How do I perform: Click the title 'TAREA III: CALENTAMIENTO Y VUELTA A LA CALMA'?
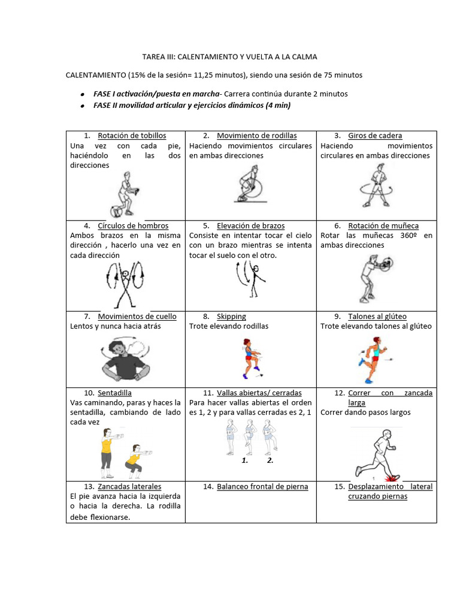[229, 56]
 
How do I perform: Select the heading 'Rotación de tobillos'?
[132, 136]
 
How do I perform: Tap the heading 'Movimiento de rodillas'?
[256, 136]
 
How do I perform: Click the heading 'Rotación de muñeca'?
[383, 225]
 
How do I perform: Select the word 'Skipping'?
[231, 316]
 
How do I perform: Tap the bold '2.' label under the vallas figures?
[270, 460]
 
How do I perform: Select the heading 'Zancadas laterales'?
[129, 486]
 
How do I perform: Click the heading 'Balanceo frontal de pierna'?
[262, 486]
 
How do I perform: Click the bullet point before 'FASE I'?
[81, 95]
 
